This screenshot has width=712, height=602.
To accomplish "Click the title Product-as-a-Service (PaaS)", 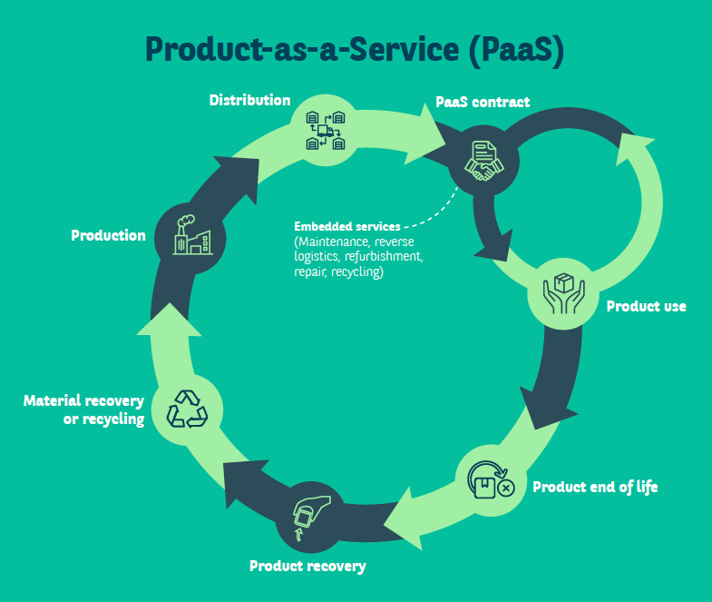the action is [x=355, y=50].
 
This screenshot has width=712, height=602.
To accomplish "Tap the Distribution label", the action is [x=249, y=100].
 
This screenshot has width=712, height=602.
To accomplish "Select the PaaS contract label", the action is [x=483, y=102].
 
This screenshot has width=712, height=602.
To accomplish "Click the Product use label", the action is [x=646, y=306].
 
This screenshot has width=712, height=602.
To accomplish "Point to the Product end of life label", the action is [x=595, y=487].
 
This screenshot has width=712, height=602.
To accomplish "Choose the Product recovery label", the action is [x=307, y=566].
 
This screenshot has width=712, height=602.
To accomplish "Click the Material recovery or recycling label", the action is [x=84, y=410].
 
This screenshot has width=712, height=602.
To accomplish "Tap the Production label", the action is [x=109, y=235].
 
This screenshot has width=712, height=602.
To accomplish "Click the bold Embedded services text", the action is [x=347, y=226].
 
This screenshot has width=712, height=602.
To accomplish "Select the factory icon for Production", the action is [x=192, y=235].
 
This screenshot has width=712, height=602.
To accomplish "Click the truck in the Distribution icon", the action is [x=326, y=131].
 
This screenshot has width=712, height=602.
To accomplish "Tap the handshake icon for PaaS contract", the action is [x=484, y=161].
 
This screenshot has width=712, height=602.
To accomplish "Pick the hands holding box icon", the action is [x=564, y=293].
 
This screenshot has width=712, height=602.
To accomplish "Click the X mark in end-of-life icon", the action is [x=506, y=489].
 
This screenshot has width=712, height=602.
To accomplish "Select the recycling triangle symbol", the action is [x=187, y=409].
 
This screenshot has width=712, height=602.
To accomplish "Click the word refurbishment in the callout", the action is [x=384, y=256].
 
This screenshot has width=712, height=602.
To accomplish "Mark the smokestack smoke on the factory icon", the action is [x=186, y=221].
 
